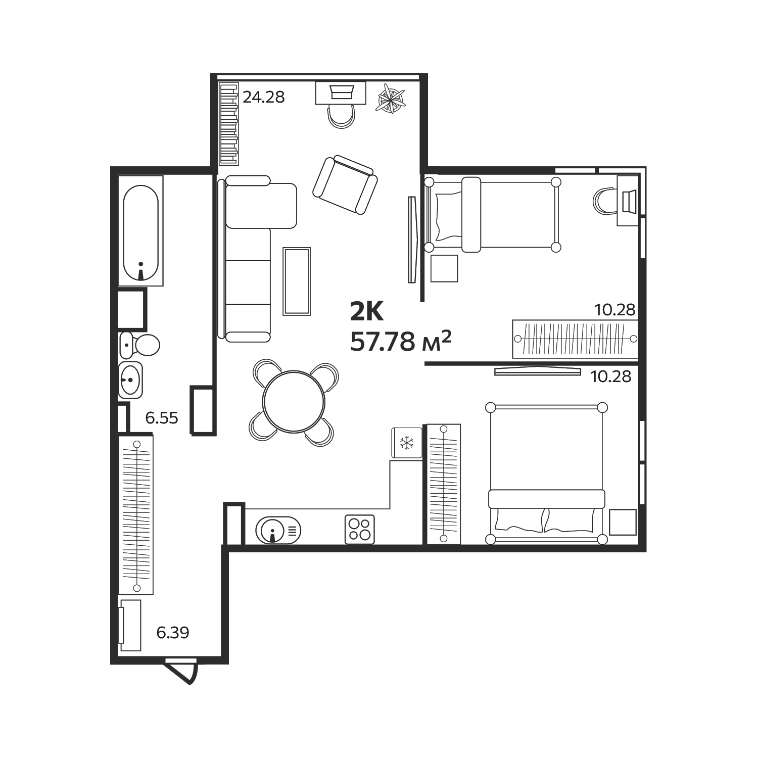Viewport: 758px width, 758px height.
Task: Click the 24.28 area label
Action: coord(263,97)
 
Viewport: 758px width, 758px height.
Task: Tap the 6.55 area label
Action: coord(161,418)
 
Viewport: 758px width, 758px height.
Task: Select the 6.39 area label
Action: coord(172,632)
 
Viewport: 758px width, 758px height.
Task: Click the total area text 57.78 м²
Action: coord(400,342)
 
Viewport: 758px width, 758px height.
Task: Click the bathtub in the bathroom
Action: coord(140,231)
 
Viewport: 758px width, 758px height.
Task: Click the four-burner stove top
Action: coord(359,529)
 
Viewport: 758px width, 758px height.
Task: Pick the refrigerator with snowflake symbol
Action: coord(406,443)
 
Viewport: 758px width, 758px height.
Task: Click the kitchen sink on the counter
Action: coord(278,530)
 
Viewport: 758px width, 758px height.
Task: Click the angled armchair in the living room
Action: coord(345,185)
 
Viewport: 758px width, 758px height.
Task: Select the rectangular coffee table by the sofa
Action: coord(297,281)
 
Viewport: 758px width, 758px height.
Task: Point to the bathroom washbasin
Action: coord(131,379)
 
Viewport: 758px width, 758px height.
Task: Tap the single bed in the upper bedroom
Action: coord(493,214)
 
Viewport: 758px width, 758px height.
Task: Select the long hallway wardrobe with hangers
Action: coord(135,514)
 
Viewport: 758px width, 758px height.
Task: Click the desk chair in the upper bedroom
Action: coord(604,201)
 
